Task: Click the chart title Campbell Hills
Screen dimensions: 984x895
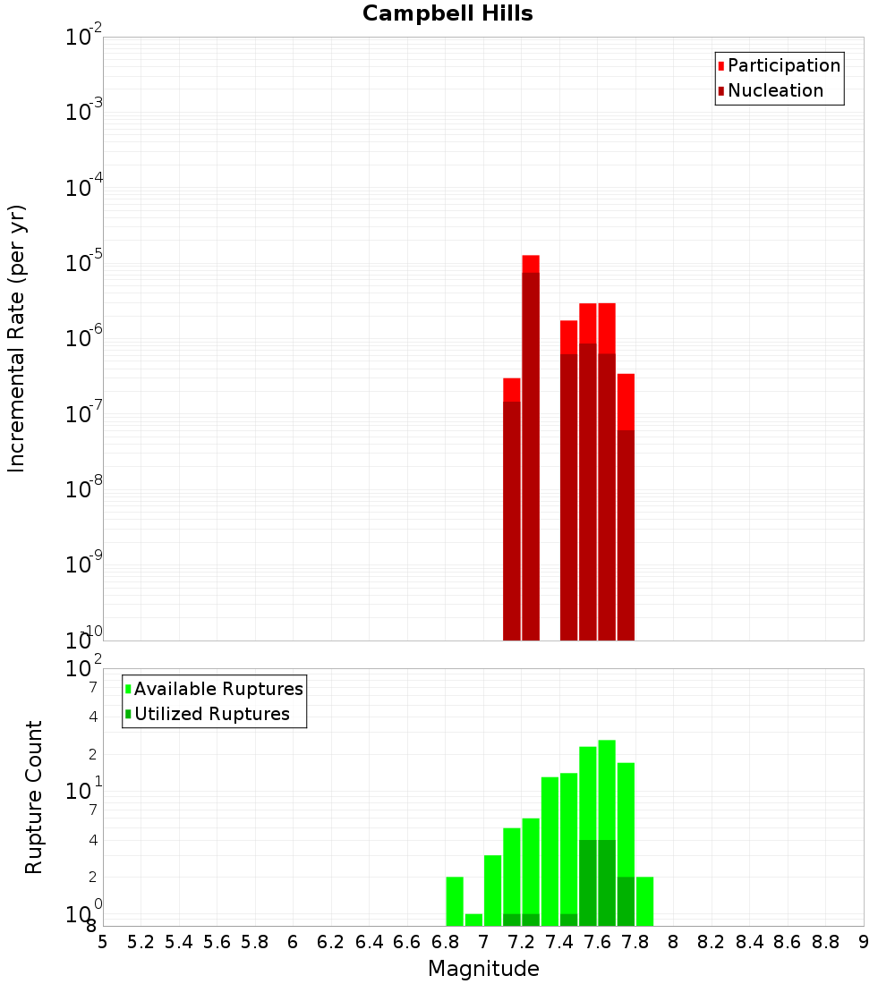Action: click(447, 14)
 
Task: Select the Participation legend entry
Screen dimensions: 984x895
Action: click(783, 66)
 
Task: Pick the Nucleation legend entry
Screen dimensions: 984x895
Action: click(774, 91)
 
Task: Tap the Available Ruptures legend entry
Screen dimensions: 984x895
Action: click(217, 690)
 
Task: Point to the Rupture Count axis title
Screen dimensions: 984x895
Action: click(34, 797)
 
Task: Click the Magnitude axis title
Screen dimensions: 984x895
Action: click(483, 969)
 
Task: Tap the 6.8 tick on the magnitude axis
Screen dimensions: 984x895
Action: click(446, 942)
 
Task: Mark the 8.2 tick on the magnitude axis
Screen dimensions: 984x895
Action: click(712, 942)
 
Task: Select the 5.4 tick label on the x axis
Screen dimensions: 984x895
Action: click(179, 942)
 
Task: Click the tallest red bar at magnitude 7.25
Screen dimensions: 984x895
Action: click(531, 447)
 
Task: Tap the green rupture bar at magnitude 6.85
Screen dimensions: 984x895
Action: click(455, 902)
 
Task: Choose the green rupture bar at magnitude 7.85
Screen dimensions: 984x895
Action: click(644, 902)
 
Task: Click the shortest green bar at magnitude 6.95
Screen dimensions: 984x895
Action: click(473, 920)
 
